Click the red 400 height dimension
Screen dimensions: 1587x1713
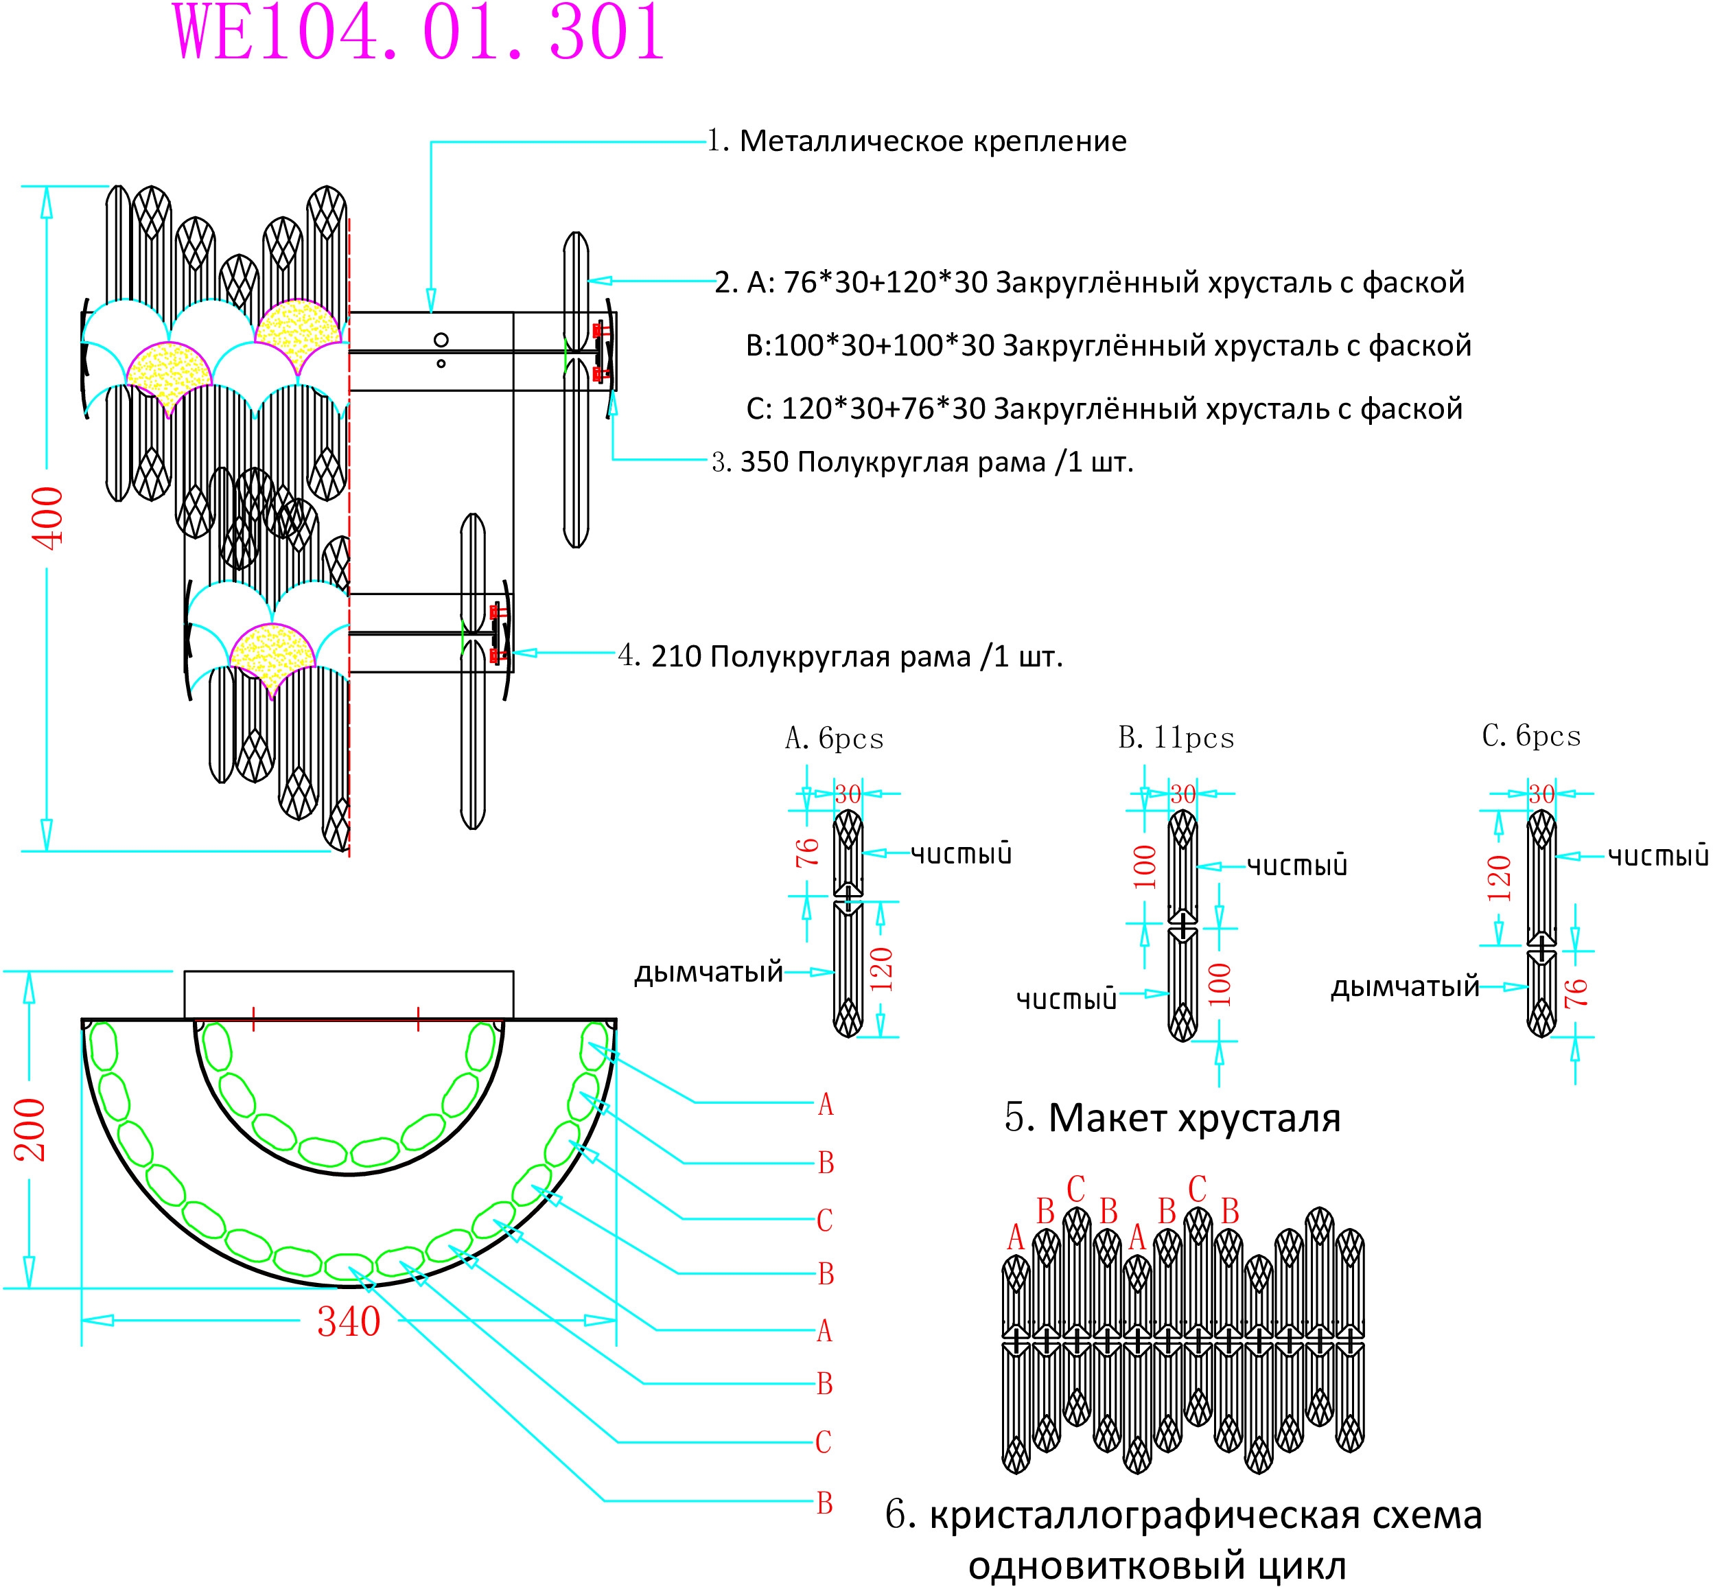click(x=48, y=518)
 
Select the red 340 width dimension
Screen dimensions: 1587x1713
click(x=349, y=1321)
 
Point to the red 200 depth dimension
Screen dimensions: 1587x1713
click(x=30, y=1130)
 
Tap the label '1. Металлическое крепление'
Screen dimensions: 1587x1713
click(x=916, y=141)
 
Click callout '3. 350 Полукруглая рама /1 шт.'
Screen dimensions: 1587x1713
click(x=922, y=462)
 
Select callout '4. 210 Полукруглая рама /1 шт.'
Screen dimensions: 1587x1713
click(x=841, y=656)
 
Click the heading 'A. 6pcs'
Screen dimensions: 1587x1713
click(x=834, y=738)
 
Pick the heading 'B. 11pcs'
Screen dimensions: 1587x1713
click(x=1176, y=738)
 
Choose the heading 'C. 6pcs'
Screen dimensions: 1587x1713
click(x=1531, y=735)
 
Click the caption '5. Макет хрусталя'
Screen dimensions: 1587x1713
click(x=1172, y=1118)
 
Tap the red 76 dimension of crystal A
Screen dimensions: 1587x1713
click(x=807, y=852)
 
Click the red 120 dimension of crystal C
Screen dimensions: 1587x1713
click(x=1499, y=878)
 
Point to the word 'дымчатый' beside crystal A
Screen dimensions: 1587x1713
click(x=708, y=972)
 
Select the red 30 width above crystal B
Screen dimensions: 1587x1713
click(x=1182, y=794)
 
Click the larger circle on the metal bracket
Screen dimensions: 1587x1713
click(x=441, y=340)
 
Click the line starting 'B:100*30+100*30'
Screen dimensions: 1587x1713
click(x=1108, y=345)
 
